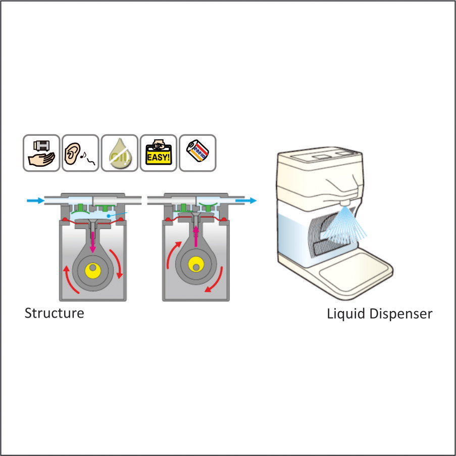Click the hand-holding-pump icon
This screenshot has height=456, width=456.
[41, 153]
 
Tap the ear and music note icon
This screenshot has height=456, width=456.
[80, 153]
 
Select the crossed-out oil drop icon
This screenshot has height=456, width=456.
[119, 153]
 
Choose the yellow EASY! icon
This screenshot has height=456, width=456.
[158, 153]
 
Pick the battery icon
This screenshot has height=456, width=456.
[197, 153]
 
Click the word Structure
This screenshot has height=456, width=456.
[55, 313]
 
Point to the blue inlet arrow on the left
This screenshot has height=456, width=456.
[35, 201]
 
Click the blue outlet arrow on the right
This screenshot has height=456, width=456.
[246, 200]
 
